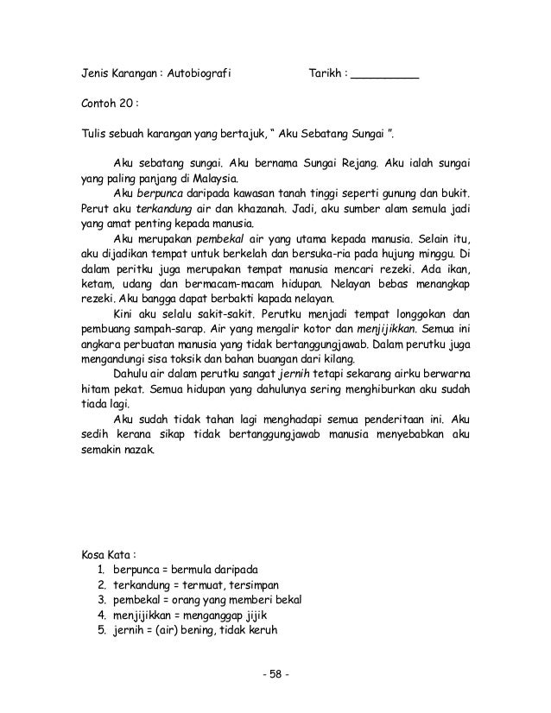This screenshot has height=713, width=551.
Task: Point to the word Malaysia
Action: click(199, 178)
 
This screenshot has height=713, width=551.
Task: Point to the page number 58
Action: click(275, 673)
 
